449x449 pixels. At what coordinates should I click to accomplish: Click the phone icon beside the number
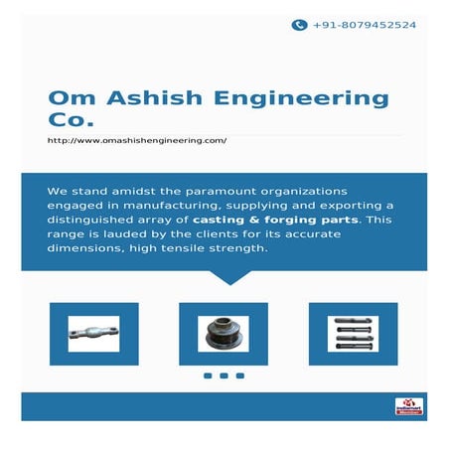click(298, 25)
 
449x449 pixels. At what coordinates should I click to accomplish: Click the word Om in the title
click(69, 98)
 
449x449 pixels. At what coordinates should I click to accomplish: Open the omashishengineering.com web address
click(137, 141)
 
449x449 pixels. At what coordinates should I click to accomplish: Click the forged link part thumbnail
click(94, 333)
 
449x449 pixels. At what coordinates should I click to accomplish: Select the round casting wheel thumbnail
click(224, 333)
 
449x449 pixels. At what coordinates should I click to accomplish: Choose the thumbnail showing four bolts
click(354, 333)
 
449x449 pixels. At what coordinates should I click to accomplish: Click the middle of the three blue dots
click(224, 375)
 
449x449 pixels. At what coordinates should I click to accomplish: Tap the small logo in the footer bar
click(408, 405)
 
